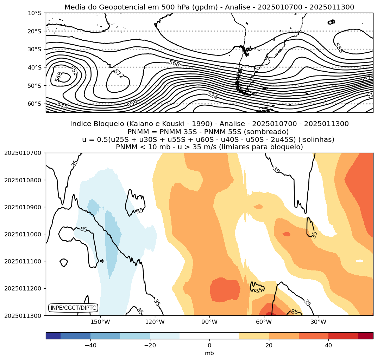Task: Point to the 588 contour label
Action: point(339,48)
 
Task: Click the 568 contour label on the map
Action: point(174,63)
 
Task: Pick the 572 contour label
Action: point(119,74)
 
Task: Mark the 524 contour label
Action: point(212,95)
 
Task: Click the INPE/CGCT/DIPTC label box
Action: point(73,308)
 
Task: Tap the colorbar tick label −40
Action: point(90,346)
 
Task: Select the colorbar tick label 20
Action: point(269,346)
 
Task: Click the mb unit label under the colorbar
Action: point(209,353)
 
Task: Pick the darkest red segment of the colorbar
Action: point(366,336)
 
